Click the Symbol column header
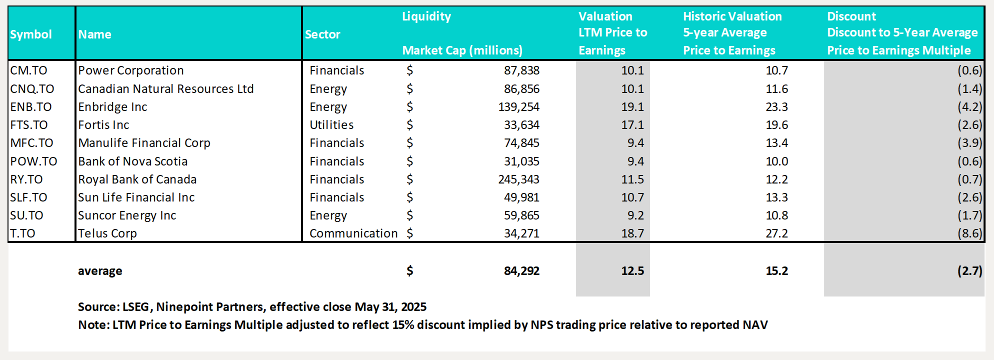(31, 34)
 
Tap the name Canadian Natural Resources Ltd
(166, 89)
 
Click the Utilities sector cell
(331, 125)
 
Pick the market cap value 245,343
(518, 179)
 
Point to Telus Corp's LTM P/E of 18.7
(632, 233)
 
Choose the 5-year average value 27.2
(776, 233)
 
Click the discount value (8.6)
(969, 233)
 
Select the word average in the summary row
(100, 271)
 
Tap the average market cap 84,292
(521, 271)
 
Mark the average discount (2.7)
(969, 271)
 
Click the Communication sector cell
(353, 233)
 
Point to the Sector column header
(322, 34)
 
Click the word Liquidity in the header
(426, 16)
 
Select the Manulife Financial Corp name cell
(144, 143)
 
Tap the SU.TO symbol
(27, 215)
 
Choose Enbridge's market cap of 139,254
(518, 107)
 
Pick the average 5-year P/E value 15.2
(776, 271)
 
